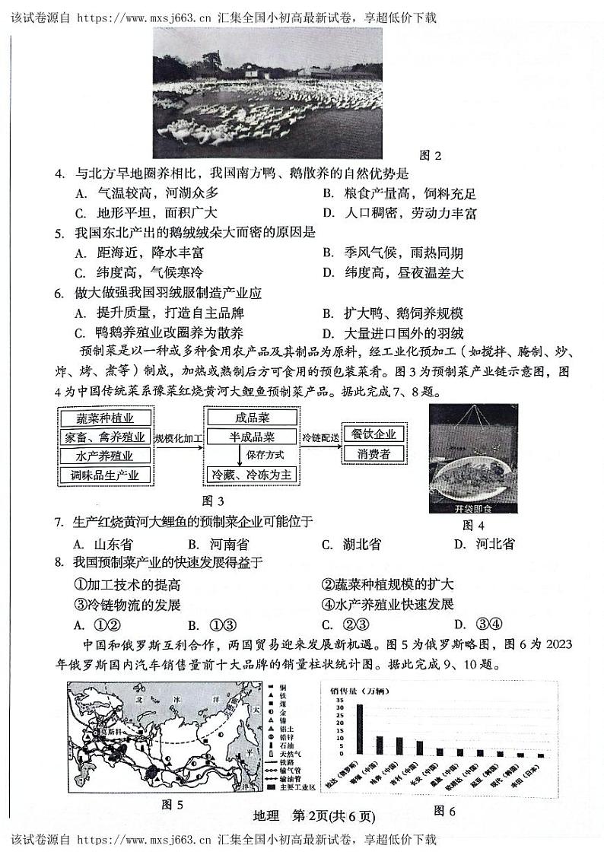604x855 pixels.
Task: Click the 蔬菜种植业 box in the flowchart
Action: tap(105, 418)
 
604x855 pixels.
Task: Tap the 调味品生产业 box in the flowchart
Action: tap(105, 475)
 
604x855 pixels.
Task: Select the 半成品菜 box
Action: tap(241, 437)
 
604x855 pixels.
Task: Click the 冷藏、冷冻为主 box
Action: tap(241, 475)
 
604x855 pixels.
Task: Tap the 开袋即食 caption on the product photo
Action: tap(475, 509)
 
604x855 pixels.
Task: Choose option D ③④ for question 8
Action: tap(476, 625)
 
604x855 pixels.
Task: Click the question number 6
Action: tap(59, 293)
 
